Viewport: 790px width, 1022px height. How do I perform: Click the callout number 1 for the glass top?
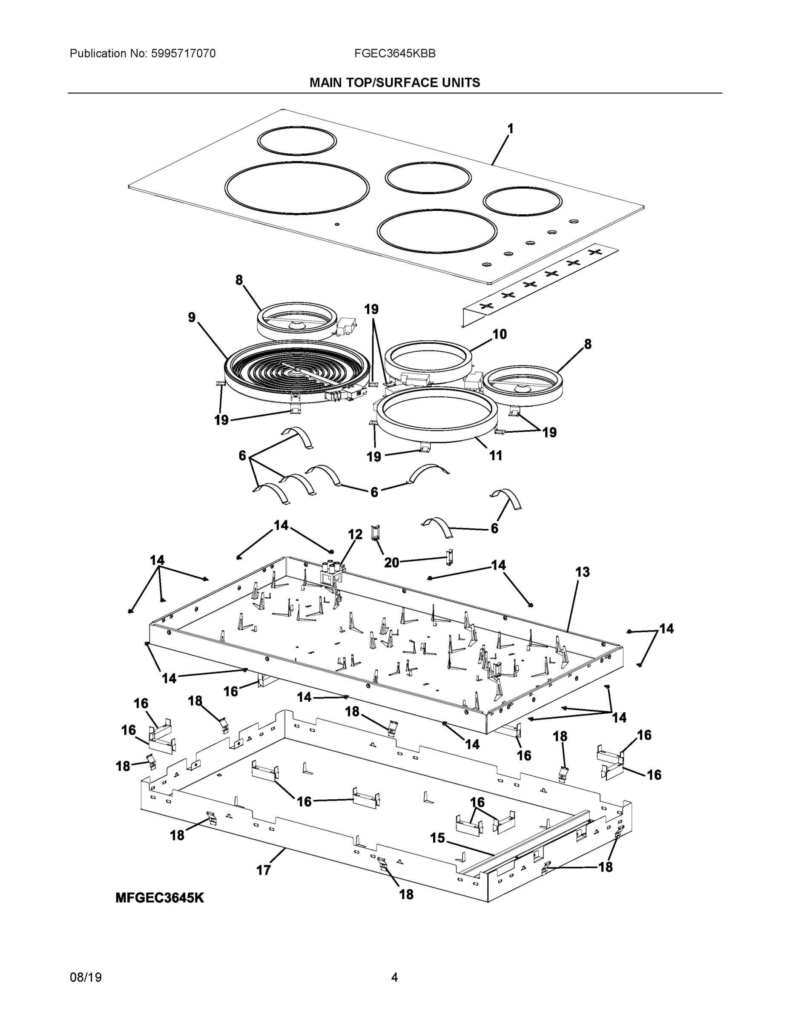pos(510,128)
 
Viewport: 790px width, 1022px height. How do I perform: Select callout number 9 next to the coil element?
pos(192,317)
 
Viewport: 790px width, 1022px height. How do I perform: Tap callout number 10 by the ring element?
pos(500,334)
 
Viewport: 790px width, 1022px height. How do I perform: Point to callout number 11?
pos(495,455)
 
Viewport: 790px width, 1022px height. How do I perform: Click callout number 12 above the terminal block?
pos(355,534)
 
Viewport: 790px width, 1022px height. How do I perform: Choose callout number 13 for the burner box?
pos(582,572)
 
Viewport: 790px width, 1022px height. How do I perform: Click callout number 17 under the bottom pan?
pos(264,870)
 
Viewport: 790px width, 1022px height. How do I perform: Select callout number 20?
pos(391,563)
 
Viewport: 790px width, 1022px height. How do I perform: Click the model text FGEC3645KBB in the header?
pos(394,54)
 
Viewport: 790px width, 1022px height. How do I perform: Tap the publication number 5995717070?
pos(183,54)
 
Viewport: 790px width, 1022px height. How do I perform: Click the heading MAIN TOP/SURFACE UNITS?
pos(394,83)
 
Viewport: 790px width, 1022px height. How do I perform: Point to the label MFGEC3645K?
pos(160,898)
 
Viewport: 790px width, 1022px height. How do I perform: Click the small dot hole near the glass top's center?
pos(337,224)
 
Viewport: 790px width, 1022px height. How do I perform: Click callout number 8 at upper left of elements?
pos(239,280)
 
